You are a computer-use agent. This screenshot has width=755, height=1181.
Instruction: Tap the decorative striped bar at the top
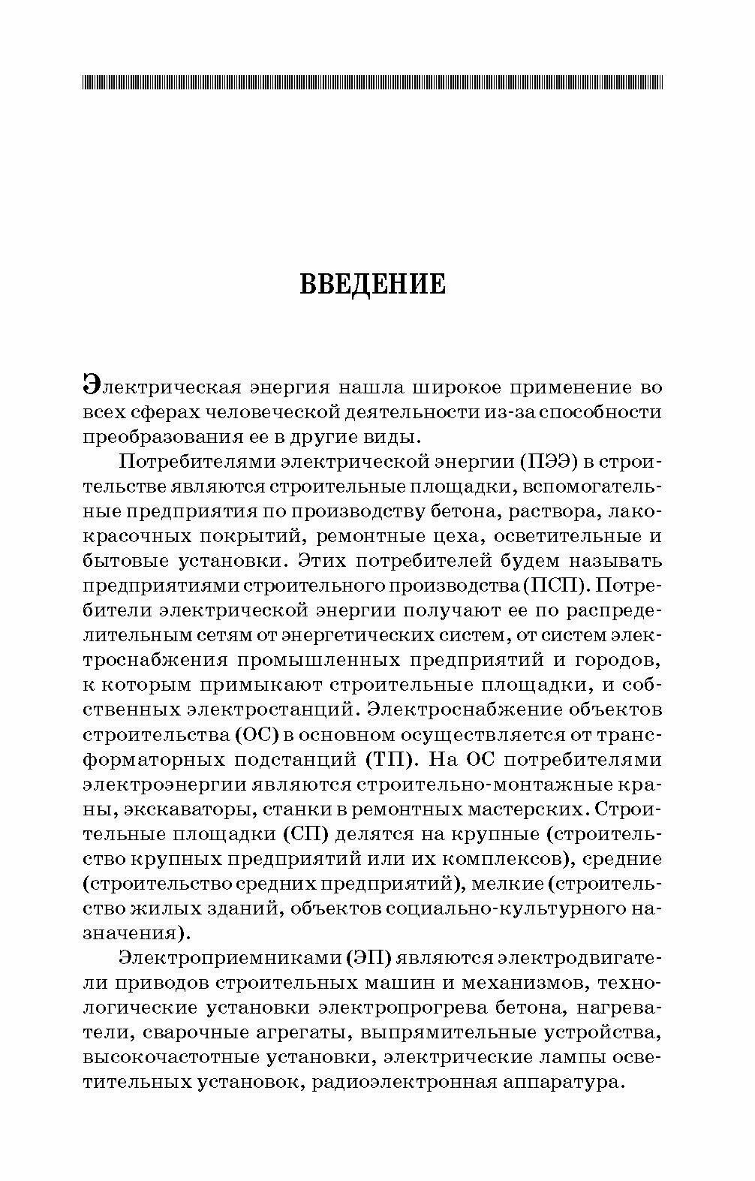coord(372,82)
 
